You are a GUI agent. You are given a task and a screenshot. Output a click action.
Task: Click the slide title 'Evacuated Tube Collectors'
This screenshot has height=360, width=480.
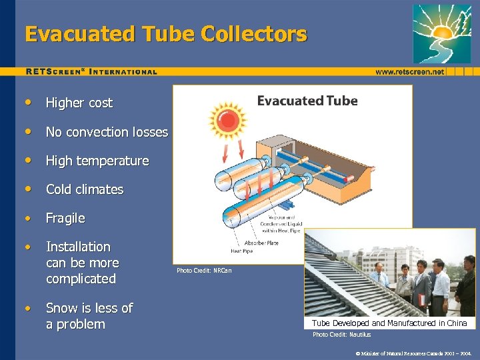166,34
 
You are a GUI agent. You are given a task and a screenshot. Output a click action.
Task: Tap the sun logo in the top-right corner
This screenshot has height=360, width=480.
441,33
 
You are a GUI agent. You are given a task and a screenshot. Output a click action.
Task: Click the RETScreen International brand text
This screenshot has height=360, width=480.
91,71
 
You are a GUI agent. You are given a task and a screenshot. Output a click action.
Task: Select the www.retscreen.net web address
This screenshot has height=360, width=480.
409,71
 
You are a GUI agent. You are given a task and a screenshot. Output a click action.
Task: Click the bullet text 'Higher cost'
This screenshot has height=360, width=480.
79,103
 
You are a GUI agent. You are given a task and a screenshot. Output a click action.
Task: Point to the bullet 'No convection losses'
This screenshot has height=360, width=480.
107,132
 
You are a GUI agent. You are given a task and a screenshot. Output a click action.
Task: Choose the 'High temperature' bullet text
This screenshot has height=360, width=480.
97,161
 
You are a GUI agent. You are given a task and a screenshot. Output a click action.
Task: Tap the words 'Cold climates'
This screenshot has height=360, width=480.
84,189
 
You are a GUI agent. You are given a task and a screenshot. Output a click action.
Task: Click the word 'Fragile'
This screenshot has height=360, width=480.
65,218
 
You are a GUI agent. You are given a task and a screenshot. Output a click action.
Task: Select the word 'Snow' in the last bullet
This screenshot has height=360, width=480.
61,308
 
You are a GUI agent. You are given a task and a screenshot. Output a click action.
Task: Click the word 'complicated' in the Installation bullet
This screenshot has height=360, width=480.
81,279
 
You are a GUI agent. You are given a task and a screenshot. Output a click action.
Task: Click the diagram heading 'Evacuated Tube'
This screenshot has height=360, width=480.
307,101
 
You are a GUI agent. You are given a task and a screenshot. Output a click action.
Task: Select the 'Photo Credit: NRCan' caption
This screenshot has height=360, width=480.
204,271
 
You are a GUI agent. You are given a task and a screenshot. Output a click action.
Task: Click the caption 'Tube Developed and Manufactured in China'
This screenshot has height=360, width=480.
389,323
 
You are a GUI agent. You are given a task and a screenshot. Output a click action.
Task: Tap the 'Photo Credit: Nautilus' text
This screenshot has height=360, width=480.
341,335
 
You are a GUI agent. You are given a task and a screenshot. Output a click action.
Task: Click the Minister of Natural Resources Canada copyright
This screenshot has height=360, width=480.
414,353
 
